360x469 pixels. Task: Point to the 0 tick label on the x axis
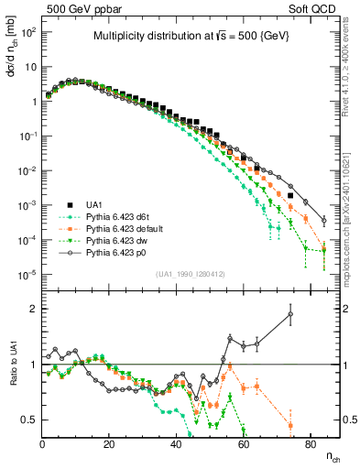[x=43, y=443]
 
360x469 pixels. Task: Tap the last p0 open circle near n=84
[x=324, y=220]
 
